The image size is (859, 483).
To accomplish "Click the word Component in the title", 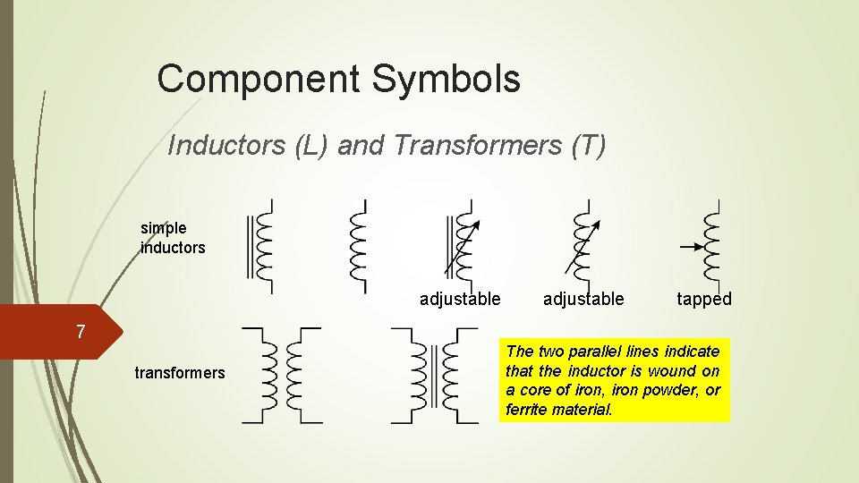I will pyautogui.click(x=257, y=79).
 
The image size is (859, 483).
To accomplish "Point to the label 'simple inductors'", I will pyautogui.click(x=173, y=237).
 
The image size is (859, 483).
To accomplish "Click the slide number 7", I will pyautogui.click(x=81, y=333).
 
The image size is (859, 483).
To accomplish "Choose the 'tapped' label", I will pyautogui.click(x=704, y=299).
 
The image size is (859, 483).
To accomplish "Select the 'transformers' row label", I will pyautogui.click(x=180, y=372).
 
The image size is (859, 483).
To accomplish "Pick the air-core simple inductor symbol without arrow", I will pyautogui.click(x=359, y=246).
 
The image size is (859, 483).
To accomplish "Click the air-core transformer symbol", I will pyautogui.click(x=281, y=376).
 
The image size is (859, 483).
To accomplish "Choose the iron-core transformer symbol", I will pyautogui.click(x=436, y=376).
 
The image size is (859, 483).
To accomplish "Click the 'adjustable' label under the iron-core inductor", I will pyautogui.click(x=460, y=299).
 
